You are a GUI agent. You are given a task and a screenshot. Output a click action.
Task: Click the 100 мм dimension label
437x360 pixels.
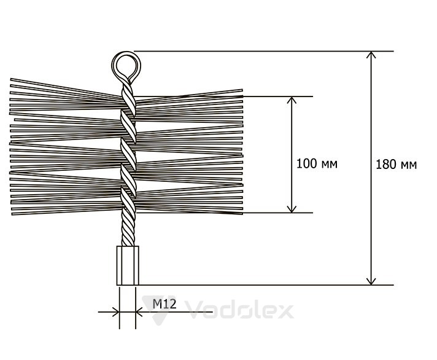click(317, 163)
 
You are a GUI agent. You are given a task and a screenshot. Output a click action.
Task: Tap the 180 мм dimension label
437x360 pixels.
click(396, 165)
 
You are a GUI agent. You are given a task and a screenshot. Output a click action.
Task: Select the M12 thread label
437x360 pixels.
click(164, 303)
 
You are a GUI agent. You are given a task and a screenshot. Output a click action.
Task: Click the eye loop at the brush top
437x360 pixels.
click(126, 66)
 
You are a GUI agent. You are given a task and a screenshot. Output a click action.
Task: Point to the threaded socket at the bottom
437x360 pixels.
click(128, 265)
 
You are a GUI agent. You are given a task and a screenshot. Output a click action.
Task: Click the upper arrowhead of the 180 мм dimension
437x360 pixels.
click(371, 55)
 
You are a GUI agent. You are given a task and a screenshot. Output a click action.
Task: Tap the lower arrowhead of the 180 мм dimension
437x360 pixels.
click(371, 281)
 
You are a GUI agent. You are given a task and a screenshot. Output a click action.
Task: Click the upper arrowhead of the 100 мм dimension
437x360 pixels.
click(292, 100)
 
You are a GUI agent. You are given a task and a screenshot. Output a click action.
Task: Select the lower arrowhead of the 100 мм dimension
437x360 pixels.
click(292, 209)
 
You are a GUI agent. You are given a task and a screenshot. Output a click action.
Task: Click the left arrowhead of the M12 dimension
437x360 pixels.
click(116, 312)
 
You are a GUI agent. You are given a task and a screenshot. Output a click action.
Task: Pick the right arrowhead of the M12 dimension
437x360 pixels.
click(139, 312)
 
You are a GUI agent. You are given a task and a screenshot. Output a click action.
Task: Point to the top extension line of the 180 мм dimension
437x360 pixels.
click(264, 52)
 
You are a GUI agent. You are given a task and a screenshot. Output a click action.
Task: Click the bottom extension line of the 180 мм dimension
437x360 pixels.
click(266, 285)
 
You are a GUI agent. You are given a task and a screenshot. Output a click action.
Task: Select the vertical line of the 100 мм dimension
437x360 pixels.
click(292, 154)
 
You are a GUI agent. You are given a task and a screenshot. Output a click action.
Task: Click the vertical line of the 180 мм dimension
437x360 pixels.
click(371, 168)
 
